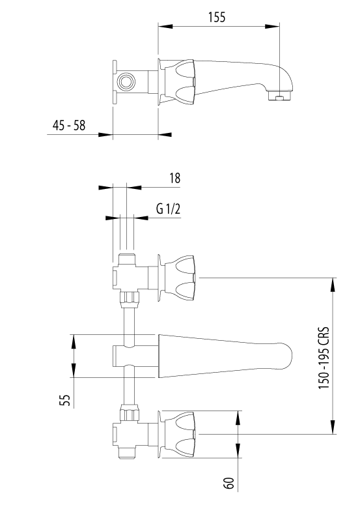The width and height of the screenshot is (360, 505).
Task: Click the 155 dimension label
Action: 217,17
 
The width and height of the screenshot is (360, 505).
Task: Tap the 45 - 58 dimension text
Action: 69,125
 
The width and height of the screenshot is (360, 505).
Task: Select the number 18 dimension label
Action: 175,178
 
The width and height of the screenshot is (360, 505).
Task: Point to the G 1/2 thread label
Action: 168,209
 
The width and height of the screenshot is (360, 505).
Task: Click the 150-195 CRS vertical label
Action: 324,358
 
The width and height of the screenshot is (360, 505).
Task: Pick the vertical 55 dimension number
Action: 65,400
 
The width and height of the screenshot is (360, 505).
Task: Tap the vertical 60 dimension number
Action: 228,483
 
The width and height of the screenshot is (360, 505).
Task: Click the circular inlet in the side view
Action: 126,81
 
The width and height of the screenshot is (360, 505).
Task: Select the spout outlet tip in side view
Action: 279,96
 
